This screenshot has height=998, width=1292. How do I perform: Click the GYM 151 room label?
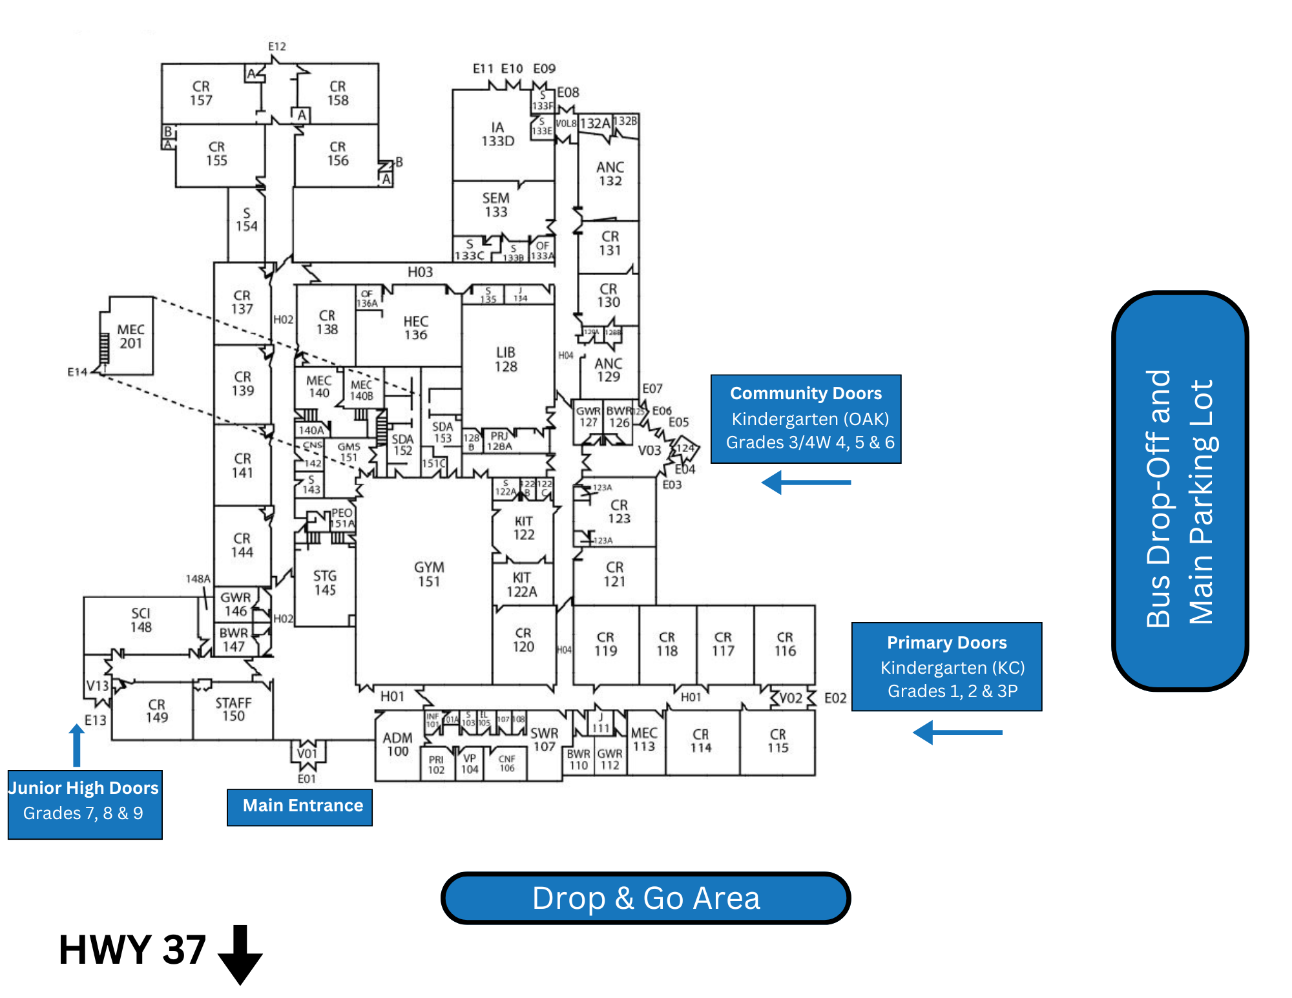(429, 574)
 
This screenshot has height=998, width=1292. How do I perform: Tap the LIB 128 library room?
(506, 359)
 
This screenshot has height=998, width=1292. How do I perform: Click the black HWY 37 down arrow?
(240, 954)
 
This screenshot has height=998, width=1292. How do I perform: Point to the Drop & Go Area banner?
(645, 898)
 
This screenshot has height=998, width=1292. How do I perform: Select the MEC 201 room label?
(130, 337)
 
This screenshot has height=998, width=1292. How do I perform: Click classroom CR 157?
(201, 93)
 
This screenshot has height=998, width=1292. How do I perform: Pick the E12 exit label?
(277, 47)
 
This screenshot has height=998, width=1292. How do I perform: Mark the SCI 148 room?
(141, 620)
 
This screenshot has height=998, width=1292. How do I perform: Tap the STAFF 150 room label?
(233, 709)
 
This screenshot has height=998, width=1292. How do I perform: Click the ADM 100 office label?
(397, 744)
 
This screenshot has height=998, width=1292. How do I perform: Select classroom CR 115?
(778, 741)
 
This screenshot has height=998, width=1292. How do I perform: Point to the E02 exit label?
(835, 698)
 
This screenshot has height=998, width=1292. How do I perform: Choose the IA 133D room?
(497, 134)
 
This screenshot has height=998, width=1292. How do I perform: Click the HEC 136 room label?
(415, 328)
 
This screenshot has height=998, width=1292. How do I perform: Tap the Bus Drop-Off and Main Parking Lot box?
(1180, 491)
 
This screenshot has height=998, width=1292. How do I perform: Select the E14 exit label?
(77, 372)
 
